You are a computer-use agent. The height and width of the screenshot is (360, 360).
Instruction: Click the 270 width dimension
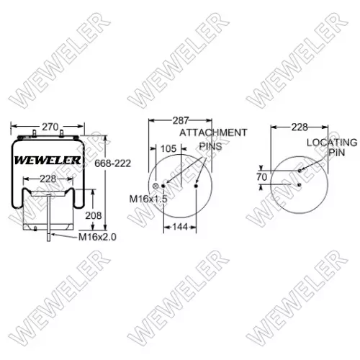50,127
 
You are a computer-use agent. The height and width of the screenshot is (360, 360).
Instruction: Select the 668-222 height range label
113,163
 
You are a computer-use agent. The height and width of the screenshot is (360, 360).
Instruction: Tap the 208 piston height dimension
94,216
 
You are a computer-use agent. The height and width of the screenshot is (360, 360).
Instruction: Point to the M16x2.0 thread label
97,237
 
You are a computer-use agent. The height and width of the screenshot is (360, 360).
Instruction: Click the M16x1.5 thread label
148,199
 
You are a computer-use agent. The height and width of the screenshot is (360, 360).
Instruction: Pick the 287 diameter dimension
181,120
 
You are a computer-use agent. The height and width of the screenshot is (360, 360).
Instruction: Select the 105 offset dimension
168,149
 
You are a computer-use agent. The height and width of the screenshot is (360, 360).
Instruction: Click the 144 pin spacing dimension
180,227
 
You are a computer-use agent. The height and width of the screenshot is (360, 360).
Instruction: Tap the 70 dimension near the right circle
261,177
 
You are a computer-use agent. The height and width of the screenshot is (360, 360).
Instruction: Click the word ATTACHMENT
213,132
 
